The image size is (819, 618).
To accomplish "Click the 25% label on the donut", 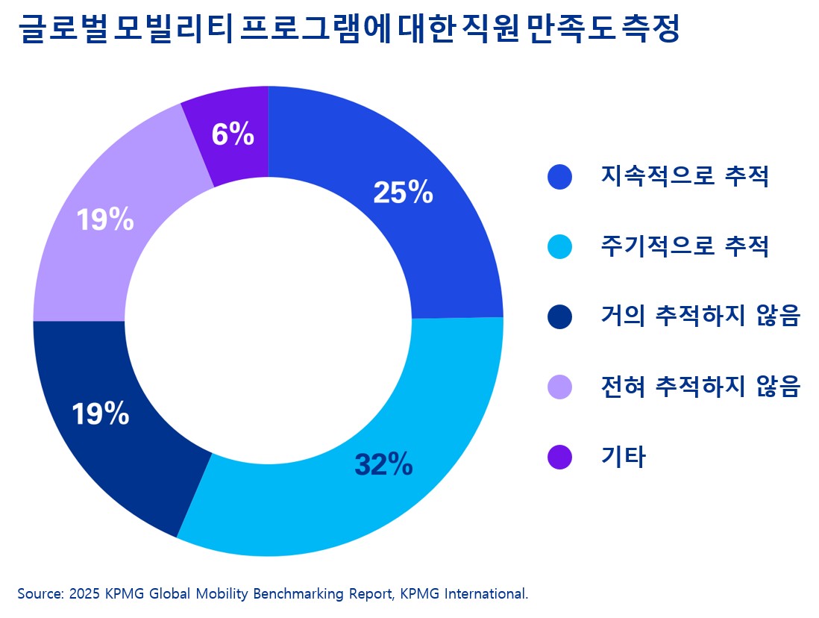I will (403, 193).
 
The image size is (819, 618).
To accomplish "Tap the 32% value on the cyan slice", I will (383, 464).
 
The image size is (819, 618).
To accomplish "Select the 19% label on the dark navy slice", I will (100, 414).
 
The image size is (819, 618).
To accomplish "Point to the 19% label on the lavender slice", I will (105, 219).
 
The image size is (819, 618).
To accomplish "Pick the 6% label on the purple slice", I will (233, 135).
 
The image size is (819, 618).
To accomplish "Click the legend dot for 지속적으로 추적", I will (559, 177).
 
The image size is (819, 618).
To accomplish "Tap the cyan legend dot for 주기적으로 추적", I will (559, 246).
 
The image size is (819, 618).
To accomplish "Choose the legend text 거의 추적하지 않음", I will (700, 316).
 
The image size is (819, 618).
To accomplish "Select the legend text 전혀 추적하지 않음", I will (700, 387).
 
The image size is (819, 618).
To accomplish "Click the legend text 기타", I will (623, 457).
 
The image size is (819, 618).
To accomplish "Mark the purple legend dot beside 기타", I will (559, 457).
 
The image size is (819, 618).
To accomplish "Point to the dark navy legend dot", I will (559, 316).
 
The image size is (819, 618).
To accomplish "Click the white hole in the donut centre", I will (268, 321).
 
